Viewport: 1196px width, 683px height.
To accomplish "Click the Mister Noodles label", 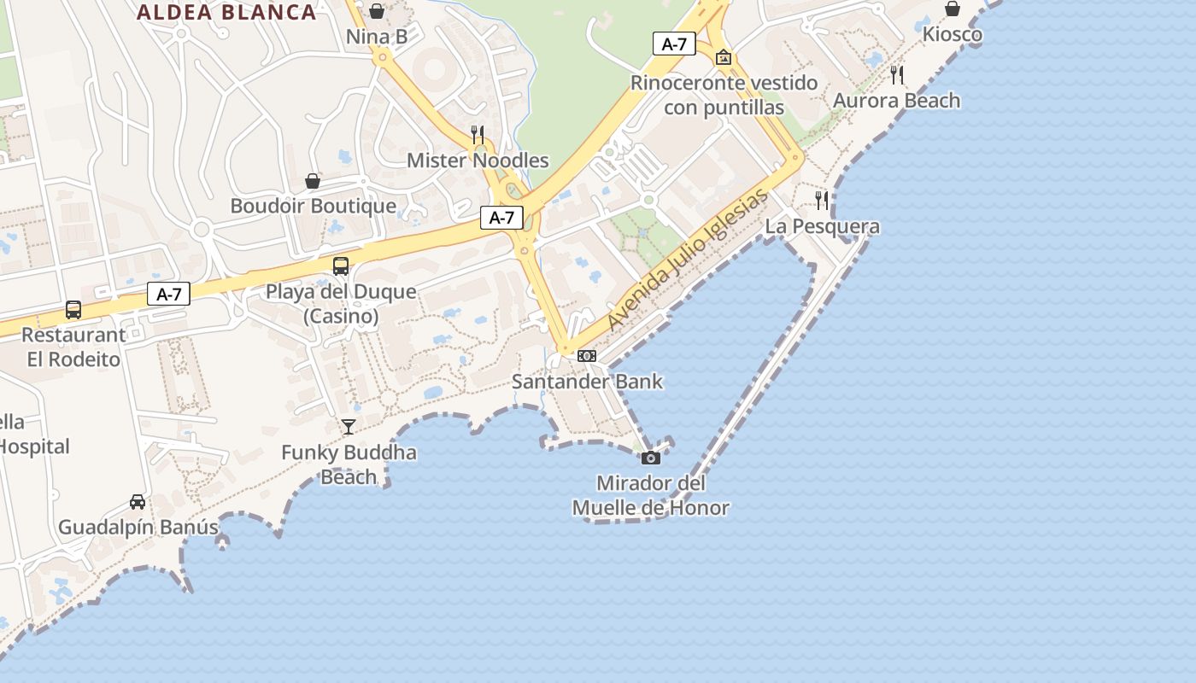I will pyautogui.click(x=478, y=161).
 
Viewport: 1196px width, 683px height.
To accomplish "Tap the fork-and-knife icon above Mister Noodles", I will pyautogui.click(x=478, y=135).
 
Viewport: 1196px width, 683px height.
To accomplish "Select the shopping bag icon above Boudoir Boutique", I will pyautogui.click(x=313, y=181).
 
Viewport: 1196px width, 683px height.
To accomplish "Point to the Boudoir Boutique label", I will pyautogui.click(x=314, y=206).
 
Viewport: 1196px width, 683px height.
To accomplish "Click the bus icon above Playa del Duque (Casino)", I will pyautogui.click(x=341, y=266).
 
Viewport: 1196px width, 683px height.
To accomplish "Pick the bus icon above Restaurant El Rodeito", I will pyautogui.click(x=73, y=310).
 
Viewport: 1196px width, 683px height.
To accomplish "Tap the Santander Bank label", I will pyautogui.click(x=587, y=381).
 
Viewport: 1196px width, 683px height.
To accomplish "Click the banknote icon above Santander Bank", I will pyautogui.click(x=587, y=356).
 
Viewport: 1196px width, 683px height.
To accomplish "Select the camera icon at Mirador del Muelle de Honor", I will pyautogui.click(x=651, y=458).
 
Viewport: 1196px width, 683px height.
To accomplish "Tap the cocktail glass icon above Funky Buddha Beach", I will pyautogui.click(x=349, y=427).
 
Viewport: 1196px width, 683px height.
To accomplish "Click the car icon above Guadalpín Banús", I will pyautogui.click(x=138, y=502).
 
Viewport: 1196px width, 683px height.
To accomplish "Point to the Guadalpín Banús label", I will pyautogui.click(x=138, y=527).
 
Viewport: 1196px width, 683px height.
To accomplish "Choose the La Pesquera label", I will pyautogui.click(x=822, y=226).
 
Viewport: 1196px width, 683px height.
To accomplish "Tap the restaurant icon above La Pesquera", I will pyautogui.click(x=822, y=201).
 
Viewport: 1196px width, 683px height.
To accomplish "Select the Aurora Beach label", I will pyautogui.click(x=897, y=101).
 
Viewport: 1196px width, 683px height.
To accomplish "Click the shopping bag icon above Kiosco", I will pyautogui.click(x=953, y=9).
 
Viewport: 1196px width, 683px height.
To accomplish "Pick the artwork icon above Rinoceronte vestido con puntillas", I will pyautogui.click(x=724, y=58).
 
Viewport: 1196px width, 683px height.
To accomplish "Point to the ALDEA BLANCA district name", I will pyautogui.click(x=226, y=13).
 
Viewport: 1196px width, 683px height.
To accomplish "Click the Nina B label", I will pyautogui.click(x=377, y=37).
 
